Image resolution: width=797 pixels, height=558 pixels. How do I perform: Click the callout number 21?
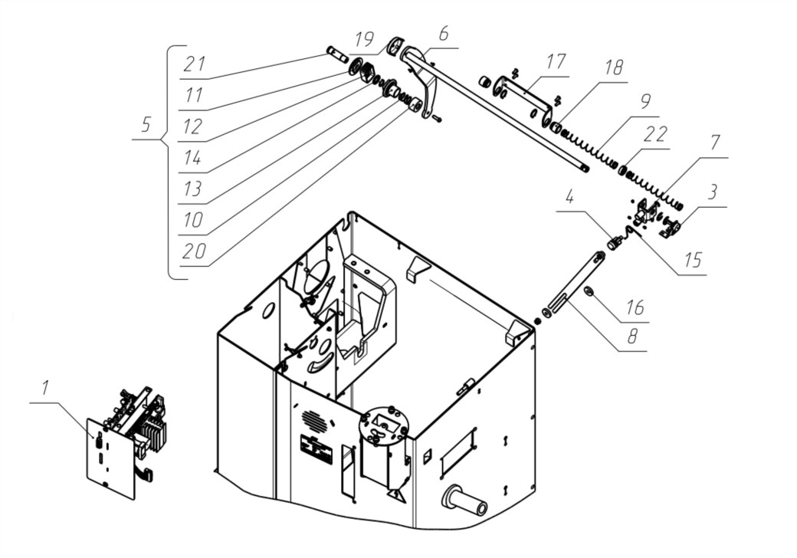[195, 64]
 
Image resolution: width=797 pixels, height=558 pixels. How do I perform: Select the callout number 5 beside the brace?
[146, 124]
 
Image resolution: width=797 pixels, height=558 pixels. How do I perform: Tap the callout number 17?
[556, 61]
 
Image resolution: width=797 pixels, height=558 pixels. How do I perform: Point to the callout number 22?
[654, 135]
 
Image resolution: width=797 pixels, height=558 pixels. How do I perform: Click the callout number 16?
[635, 307]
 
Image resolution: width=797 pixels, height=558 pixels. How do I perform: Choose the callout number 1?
[46, 388]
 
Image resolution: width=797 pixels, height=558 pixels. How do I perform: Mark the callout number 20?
[193, 251]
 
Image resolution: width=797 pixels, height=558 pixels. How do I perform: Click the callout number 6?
[443, 34]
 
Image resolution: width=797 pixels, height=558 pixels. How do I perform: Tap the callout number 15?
[694, 260]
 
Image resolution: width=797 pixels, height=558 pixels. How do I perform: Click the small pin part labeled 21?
[336, 54]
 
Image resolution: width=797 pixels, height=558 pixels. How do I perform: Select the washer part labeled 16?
[589, 290]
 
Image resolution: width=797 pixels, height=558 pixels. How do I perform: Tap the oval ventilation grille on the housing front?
[312, 419]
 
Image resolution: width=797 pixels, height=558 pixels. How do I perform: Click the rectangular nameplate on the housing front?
[317, 448]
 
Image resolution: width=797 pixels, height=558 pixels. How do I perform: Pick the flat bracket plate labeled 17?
[523, 98]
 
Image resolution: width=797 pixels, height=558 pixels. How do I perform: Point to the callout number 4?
[570, 197]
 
